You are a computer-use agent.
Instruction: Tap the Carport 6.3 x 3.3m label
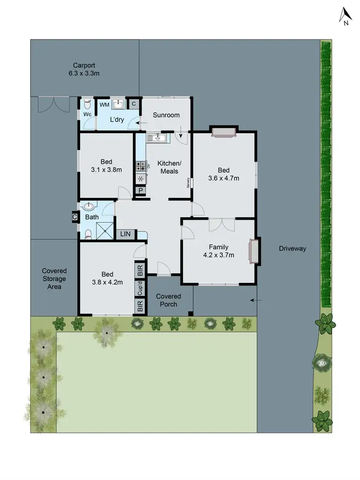[84, 70]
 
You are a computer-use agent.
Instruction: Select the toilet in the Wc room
[87, 104]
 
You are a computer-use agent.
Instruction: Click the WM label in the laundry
[104, 104]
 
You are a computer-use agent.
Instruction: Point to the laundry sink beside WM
[119, 104]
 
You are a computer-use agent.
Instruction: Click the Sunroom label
[166, 115]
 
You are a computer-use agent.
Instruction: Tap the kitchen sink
[156, 138]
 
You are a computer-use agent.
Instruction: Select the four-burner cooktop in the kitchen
[141, 166]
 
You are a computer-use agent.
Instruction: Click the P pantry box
[141, 191]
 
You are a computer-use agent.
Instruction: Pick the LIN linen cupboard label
[126, 234]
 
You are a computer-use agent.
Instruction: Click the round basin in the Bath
[88, 207]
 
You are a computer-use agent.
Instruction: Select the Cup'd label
[141, 289]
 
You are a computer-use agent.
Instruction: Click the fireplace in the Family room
[252, 251]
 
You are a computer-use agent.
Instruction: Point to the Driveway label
[292, 248]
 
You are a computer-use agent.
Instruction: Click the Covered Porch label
[168, 300]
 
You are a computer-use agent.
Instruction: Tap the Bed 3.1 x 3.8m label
[107, 166]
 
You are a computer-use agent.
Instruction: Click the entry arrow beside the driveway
[256, 301]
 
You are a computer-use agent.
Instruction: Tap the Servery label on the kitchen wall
[188, 183]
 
